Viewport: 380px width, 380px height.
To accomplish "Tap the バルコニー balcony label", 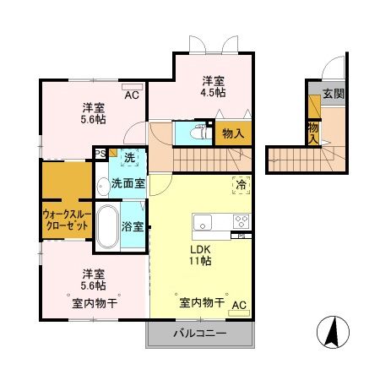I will point(200,334).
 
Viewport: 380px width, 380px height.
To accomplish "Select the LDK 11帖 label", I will point(200,255).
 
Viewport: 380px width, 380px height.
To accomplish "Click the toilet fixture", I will point(200,133).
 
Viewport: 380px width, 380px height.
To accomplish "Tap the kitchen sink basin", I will point(204,223).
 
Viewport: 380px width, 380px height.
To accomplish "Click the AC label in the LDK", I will point(239,306).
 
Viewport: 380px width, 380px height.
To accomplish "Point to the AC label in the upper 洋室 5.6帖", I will point(133,95).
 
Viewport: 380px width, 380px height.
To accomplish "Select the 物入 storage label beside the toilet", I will point(233,133).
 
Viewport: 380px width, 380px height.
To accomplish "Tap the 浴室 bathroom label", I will point(132,226).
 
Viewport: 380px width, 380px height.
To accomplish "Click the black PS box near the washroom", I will point(100,154).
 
